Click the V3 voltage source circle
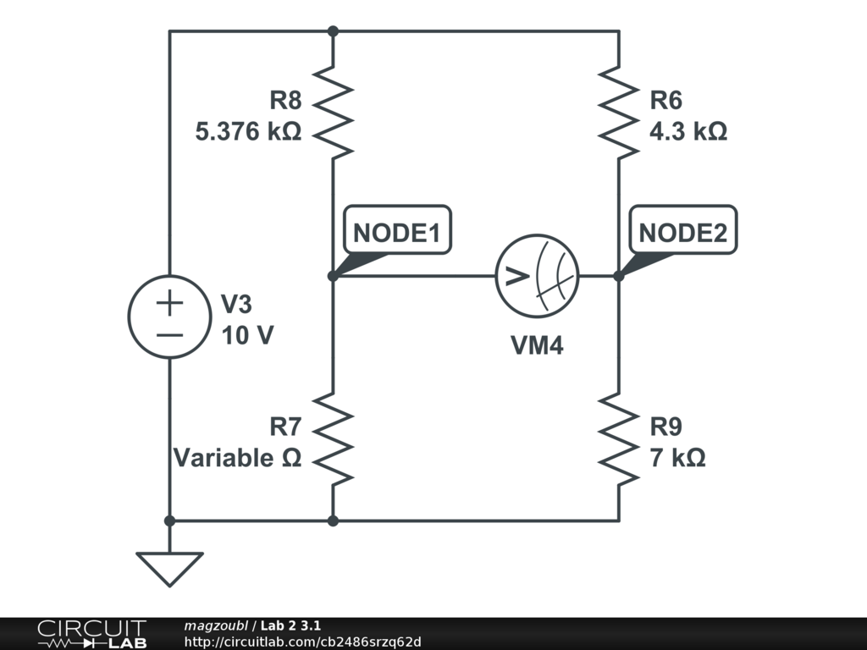coord(169,317)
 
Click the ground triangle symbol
coord(169,567)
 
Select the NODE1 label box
coord(397,233)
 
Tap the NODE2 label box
coord(682,233)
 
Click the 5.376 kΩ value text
coord(248,133)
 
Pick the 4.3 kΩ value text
coord(688,133)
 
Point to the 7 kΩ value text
coord(677,458)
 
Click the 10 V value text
coord(247,335)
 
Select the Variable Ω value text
coord(237,458)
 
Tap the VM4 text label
coord(537,345)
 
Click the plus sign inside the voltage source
coord(169,302)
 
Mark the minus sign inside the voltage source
coord(169,333)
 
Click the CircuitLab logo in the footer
coord(91,634)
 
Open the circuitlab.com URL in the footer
coord(302,642)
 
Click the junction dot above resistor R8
coord(333,31)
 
